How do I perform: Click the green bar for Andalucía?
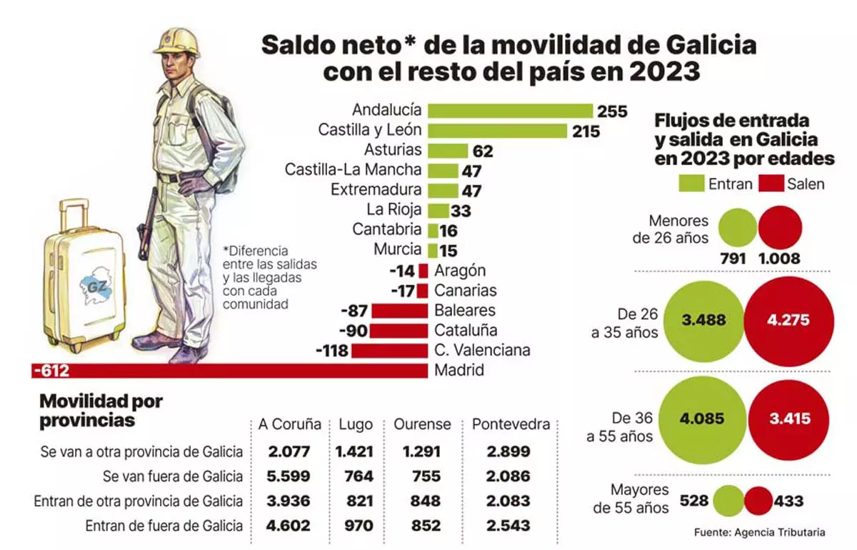[510, 111]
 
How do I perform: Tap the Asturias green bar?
[447, 151]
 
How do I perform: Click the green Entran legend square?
[691, 184]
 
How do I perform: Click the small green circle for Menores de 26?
[738, 228]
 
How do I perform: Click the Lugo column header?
[355, 424]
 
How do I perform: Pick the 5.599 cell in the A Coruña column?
[289, 476]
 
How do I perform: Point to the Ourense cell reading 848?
[426, 501]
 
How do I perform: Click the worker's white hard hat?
[176, 41]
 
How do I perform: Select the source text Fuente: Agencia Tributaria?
[759, 532]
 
